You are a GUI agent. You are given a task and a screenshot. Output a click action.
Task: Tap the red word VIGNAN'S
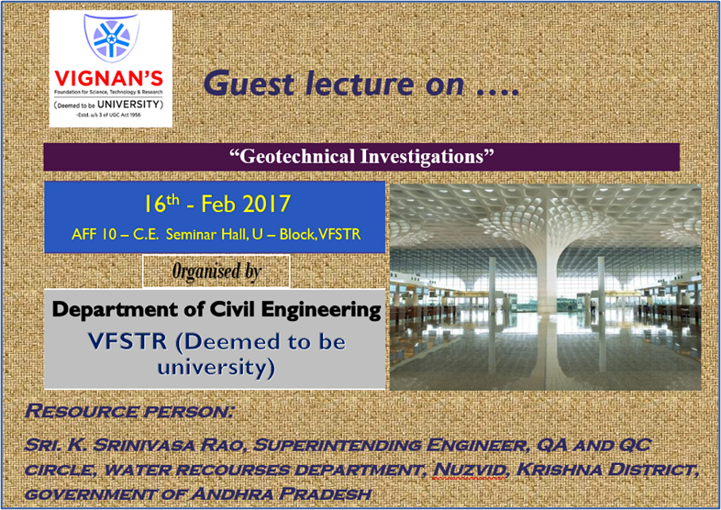(110, 76)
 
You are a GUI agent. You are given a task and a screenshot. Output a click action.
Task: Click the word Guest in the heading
(242, 83)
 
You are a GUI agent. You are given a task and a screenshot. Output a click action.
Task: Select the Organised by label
(216, 271)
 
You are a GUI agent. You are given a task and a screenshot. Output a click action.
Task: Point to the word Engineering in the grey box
(321, 310)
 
